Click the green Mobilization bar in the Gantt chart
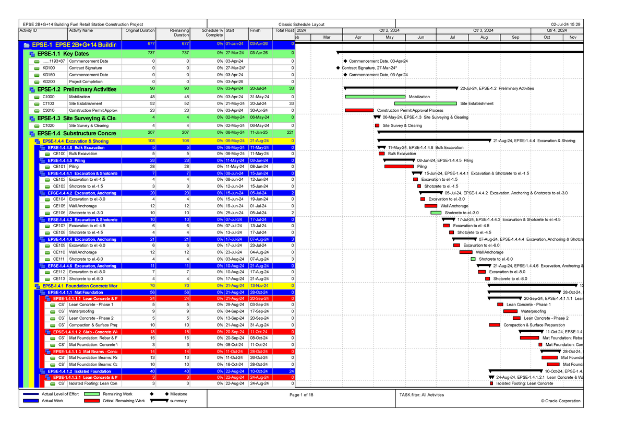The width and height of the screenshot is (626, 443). (375, 97)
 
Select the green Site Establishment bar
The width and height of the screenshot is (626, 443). (426, 103)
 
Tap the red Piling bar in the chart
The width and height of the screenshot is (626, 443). (399, 167)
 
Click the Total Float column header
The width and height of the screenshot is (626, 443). (285, 30)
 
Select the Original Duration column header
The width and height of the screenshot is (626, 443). (140, 30)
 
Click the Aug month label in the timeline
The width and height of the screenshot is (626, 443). (484, 38)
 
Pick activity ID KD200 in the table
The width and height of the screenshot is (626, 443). (49, 81)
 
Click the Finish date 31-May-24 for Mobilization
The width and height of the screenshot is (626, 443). (258, 97)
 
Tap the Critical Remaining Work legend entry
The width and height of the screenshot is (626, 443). (124, 401)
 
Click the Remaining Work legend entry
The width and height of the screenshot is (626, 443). (117, 394)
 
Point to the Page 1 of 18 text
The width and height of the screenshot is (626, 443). (301, 394)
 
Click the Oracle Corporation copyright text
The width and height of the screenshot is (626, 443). (561, 401)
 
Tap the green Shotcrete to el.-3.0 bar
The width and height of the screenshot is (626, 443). (436, 213)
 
